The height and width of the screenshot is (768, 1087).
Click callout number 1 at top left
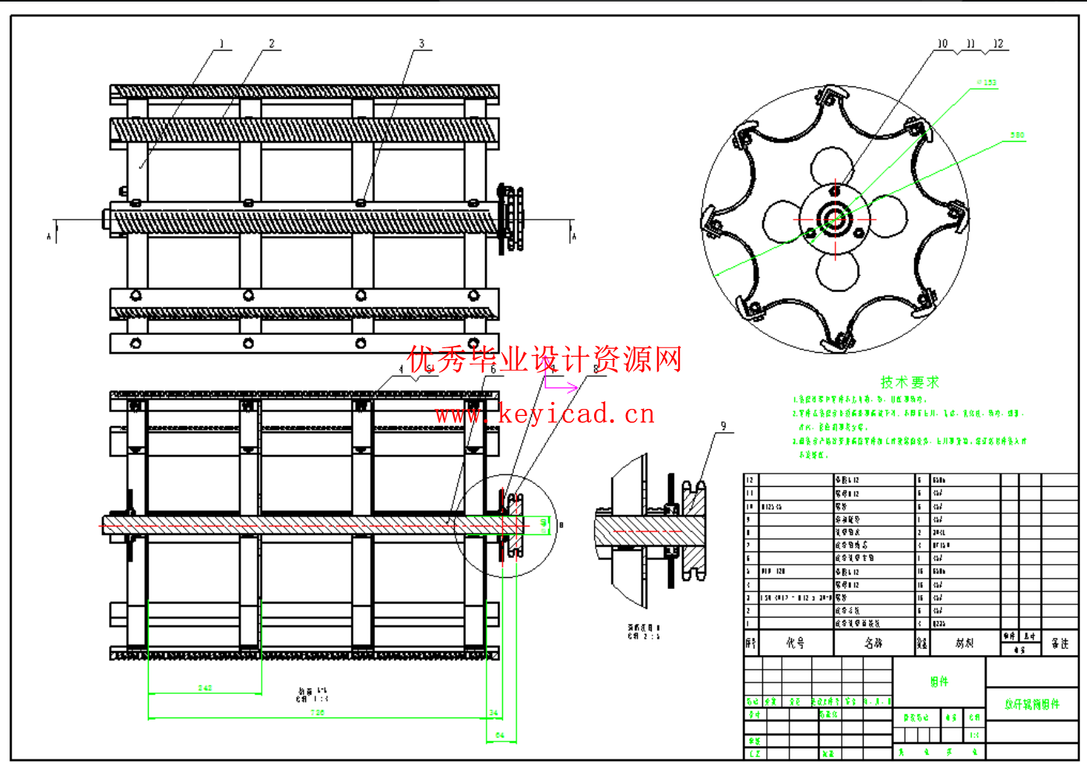(x=221, y=44)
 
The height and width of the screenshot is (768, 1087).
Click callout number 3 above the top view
(x=421, y=44)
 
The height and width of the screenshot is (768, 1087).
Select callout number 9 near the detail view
(x=723, y=426)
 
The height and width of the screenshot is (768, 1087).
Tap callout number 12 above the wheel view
(x=998, y=44)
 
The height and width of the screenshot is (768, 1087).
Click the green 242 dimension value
(x=205, y=688)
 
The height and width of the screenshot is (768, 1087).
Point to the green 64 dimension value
(x=500, y=735)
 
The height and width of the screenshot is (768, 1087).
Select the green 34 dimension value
(x=494, y=713)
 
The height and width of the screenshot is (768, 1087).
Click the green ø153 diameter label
(x=987, y=82)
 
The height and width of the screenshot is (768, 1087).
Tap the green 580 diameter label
(x=1017, y=136)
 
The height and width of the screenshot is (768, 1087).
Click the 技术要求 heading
(x=909, y=382)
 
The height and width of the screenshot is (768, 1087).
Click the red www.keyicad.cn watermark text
(x=545, y=414)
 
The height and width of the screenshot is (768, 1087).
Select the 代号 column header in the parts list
(x=795, y=643)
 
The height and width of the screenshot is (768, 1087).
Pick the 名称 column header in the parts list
(x=873, y=643)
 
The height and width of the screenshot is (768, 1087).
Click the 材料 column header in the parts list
(x=964, y=643)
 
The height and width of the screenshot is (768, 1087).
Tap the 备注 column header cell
(x=1060, y=643)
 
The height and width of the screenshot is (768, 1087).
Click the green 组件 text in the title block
(x=939, y=682)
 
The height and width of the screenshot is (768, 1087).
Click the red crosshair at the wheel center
(x=835, y=220)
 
